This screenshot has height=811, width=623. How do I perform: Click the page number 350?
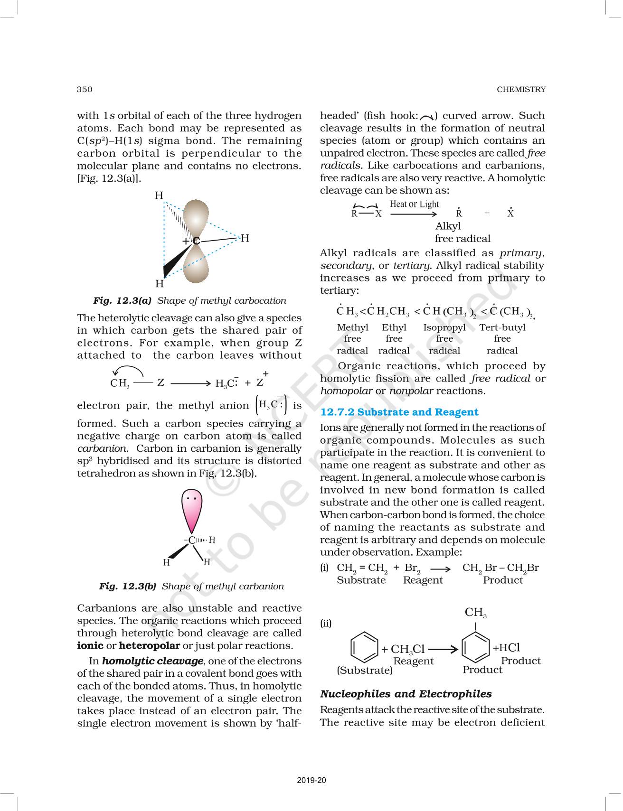85,89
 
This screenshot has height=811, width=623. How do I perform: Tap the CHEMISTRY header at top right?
521,89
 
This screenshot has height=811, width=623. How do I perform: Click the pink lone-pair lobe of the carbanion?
191,510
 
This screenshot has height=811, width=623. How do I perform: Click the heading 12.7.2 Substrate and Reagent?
399,412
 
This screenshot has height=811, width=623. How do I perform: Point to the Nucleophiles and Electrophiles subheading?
406,694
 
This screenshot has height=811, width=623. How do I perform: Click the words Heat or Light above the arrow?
414,204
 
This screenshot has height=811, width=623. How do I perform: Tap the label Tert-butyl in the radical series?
502,327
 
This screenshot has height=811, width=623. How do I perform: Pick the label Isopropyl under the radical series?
444,327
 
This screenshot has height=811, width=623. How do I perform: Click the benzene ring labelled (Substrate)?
364,647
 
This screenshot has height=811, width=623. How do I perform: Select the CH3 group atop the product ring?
475,613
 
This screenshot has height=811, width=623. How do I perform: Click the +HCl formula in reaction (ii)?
506,648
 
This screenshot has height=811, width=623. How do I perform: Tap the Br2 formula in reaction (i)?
412,568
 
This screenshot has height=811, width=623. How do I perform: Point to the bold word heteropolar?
149,645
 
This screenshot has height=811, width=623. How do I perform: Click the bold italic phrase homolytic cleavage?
152,661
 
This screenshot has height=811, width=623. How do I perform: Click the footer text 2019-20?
311,780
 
